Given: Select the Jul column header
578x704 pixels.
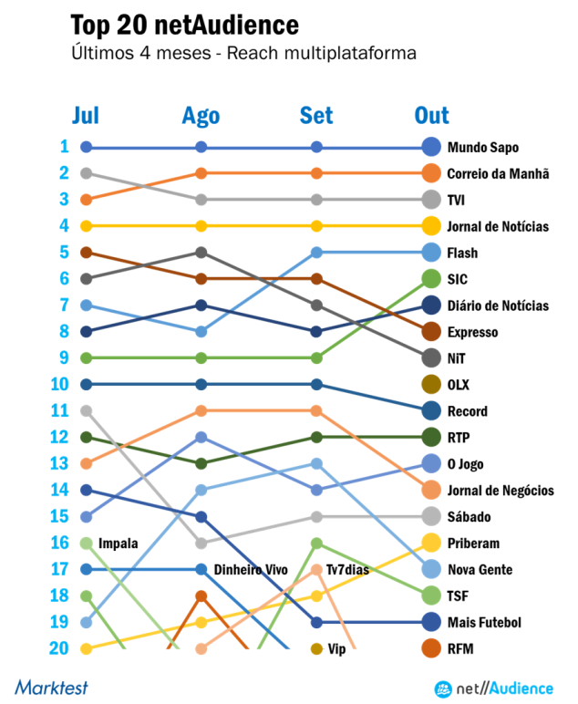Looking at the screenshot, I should [x=86, y=115].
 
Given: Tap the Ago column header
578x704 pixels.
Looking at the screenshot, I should [x=201, y=115].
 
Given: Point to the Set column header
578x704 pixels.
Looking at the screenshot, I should [x=316, y=115].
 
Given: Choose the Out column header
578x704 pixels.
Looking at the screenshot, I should [x=431, y=115].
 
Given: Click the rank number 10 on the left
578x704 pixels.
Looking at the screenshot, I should [x=59, y=384].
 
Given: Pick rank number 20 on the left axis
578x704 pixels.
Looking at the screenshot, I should [x=59, y=648].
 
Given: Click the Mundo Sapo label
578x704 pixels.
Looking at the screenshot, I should [x=482, y=147].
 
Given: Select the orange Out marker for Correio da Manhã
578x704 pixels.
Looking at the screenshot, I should [x=432, y=173].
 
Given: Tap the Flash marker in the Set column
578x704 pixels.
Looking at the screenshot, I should [x=316, y=253].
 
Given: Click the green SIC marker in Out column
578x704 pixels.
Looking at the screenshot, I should [x=432, y=279].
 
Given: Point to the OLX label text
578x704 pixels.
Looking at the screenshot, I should [x=459, y=385].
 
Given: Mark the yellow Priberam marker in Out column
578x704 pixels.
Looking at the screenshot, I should [x=432, y=543].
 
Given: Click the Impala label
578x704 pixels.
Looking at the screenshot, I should [x=118, y=544].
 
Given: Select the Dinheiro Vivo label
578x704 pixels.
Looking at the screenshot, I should [x=251, y=570].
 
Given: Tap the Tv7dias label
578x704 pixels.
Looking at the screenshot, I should [x=347, y=570].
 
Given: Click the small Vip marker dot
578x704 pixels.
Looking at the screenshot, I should [x=316, y=649].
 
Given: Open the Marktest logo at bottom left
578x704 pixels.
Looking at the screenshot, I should [x=51, y=687].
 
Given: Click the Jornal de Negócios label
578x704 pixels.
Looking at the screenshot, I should [x=500, y=491].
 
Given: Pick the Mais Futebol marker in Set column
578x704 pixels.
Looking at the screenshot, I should [x=316, y=623].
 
